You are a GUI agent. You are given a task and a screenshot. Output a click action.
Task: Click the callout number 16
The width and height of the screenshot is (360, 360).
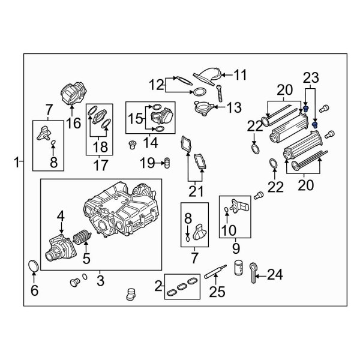coord(73,124)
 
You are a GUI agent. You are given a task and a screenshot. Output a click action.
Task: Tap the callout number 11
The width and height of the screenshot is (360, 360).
coord(240,75)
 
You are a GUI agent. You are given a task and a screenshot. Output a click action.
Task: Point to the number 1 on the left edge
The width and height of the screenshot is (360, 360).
coord(17,161)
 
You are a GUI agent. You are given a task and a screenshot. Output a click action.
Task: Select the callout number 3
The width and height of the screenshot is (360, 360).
coord(100,280)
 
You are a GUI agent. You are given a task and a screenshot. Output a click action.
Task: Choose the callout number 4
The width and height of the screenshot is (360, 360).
coord(60,215)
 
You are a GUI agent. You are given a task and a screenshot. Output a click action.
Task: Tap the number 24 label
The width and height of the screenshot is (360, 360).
coord(274,275)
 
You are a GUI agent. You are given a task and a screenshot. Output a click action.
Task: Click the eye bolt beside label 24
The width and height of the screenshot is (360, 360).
coord(255,271)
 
